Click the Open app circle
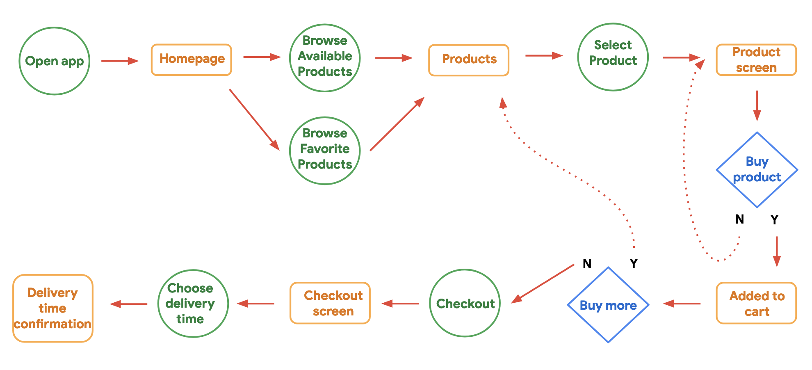coord(55,61)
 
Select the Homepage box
coord(192,60)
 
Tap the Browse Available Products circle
coord(325,58)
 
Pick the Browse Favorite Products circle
coord(325,151)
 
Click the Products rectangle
coord(469,60)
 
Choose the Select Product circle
coord(613,57)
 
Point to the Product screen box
coord(756,60)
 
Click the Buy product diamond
coord(757,170)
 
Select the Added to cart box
coord(756,303)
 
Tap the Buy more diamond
coord(608,305)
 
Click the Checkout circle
coord(465,303)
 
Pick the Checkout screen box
coord(330,303)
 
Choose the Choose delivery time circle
coord(193,304)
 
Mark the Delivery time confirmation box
coord(53,308)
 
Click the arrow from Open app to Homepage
coord(120,61)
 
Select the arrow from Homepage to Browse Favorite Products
coord(254,119)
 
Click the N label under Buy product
coord(739,219)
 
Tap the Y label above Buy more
coord(634,264)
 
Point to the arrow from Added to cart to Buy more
coord(682,304)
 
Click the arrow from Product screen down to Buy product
coord(757,105)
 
